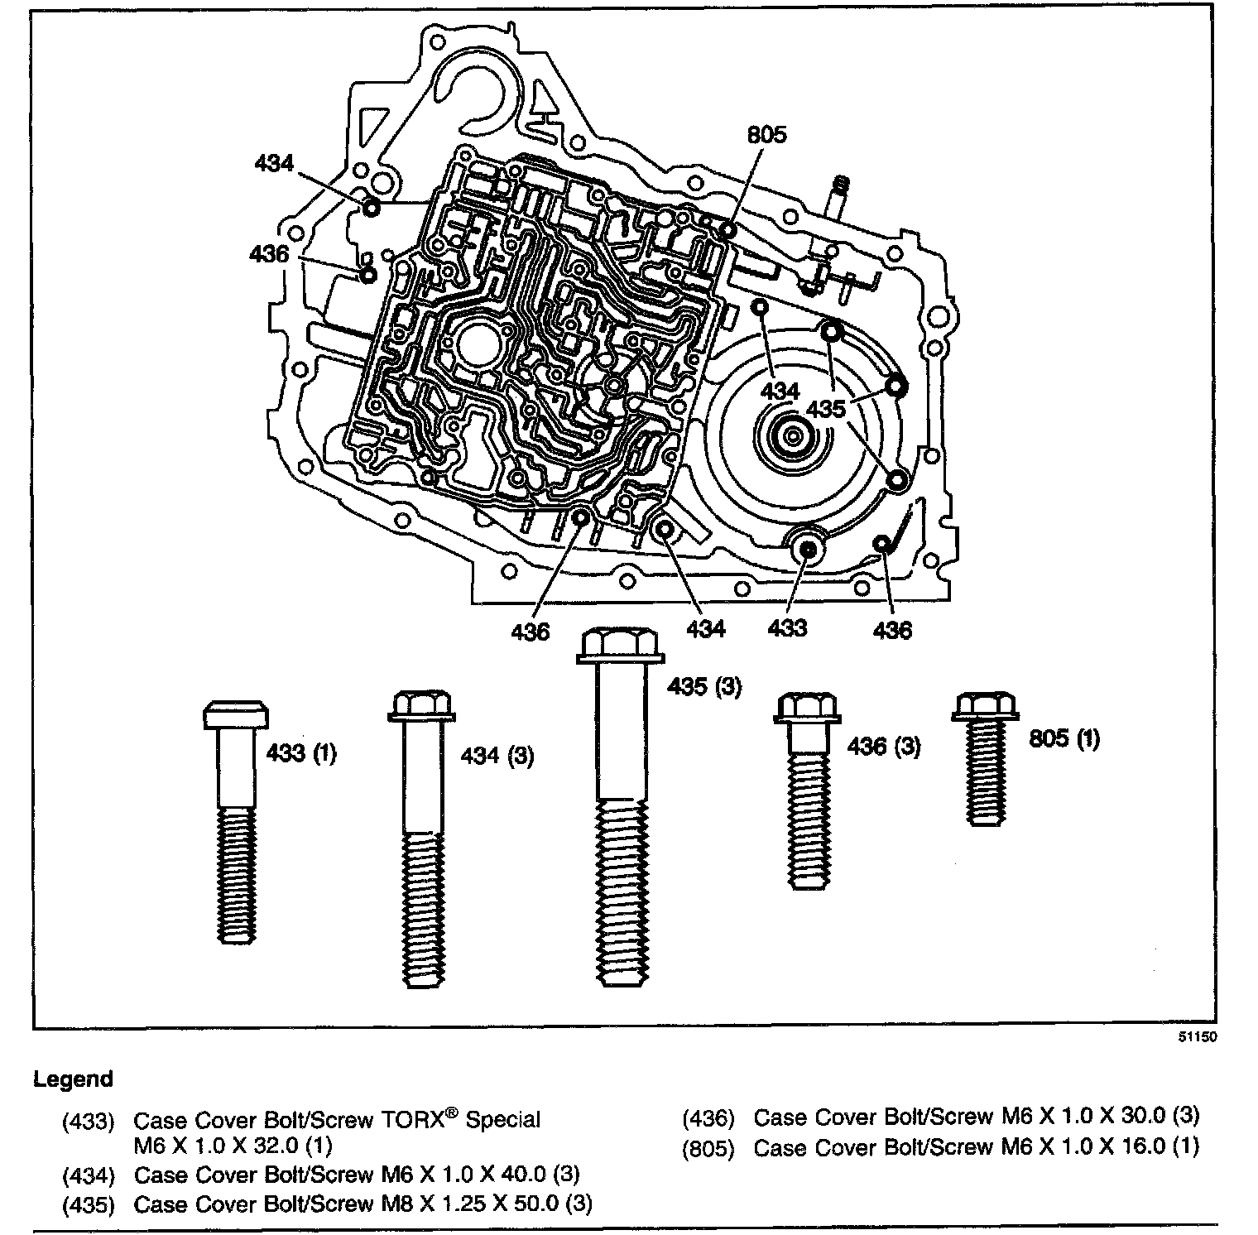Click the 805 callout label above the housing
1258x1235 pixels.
pyautogui.click(x=766, y=135)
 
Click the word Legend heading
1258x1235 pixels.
pyautogui.click(x=73, y=1079)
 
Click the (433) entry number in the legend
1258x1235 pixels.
pyautogui.click(x=88, y=1122)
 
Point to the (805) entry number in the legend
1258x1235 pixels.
pyautogui.click(x=708, y=1148)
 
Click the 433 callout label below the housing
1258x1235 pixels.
pyautogui.click(x=787, y=628)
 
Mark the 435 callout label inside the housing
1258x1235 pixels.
pyautogui.click(x=826, y=409)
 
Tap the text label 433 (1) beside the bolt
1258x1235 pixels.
pyautogui.click(x=301, y=754)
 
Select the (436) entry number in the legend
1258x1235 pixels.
pyautogui.click(x=708, y=1118)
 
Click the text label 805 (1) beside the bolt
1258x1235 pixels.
pyautogui.click(x=1064, y=738)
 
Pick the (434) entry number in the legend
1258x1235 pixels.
pyautogui.click(x=88, y=1175)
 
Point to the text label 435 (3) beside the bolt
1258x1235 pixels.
pyautogui.click(x=705, y=686)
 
